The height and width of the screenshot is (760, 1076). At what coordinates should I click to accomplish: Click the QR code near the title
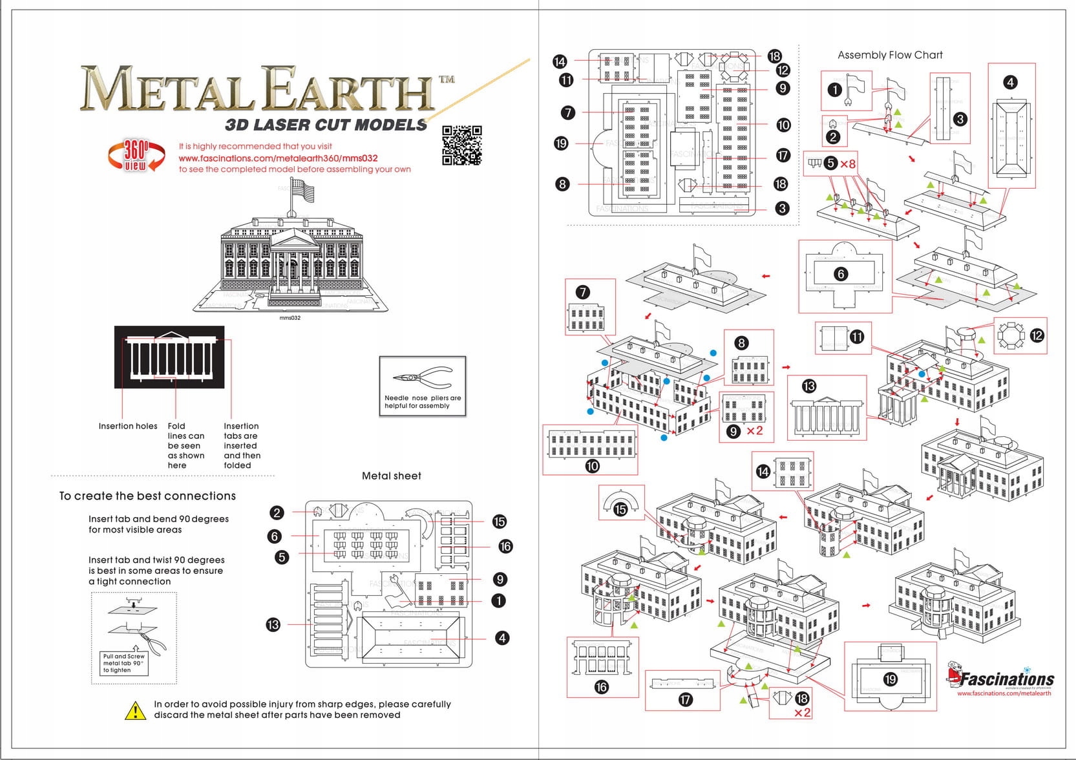tap(462, 145)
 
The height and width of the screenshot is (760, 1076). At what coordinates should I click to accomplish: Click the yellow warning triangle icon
tap(135, 710)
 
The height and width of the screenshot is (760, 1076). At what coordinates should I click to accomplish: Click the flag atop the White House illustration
tap(303, 191)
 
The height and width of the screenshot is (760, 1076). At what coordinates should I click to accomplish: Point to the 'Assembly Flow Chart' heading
tap(890, 56)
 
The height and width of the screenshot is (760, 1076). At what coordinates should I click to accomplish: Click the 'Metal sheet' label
tap(391, 476)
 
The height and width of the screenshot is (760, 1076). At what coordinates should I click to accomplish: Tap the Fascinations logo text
tap(1006, 679)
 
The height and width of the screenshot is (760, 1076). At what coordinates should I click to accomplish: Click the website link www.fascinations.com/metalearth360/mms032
tap(278, 158)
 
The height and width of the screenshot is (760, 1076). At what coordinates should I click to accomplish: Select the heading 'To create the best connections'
tap(147, 496)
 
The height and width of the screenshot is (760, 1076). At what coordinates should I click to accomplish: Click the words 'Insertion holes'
tap(128, 427)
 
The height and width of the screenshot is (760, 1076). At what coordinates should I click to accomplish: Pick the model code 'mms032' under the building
tap(290, 318)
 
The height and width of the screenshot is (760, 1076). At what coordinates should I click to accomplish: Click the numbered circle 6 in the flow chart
tap(841, 274)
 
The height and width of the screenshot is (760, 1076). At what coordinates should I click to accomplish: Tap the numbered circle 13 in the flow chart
tap(809, 386)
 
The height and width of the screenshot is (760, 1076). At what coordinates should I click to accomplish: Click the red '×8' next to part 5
tap(848, 164)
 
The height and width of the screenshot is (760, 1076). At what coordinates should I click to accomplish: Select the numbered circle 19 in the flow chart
tap(891, 679)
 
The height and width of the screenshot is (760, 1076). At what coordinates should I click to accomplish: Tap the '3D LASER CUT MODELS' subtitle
tap(326, 125)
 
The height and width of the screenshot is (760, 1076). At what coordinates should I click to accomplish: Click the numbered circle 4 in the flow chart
tap(1011, 82)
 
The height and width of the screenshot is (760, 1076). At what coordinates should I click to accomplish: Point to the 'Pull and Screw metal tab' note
tap(124, 663)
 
